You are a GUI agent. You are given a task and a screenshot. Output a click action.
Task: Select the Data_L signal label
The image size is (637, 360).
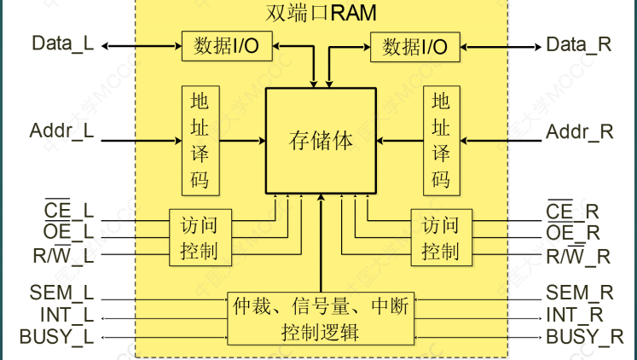(x=62, y=44)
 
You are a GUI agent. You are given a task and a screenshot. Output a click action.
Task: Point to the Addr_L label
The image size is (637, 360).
(x=62, y=131)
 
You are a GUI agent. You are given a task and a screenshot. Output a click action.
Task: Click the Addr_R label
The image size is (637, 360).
(x=580, y=131)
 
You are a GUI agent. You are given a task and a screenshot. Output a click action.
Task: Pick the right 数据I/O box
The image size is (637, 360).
(x=414, y=45)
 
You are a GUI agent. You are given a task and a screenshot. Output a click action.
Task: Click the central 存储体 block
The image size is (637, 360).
(x=321, y=140)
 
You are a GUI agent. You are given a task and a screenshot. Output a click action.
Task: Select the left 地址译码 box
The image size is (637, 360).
(x=200, y=141)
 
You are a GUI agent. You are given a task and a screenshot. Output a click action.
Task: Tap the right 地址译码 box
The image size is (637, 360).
(x=441, y=141)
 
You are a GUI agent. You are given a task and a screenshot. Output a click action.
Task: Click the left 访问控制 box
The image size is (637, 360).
(x=200, y=238)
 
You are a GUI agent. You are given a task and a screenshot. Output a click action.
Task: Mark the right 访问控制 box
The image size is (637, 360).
(x=441, y=238)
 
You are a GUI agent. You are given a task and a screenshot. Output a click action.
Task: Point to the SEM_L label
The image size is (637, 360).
(x=61, y=293)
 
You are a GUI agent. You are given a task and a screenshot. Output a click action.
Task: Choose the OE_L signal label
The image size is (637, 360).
(x=68, y=232)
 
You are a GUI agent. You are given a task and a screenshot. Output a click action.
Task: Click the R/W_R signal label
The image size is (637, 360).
(x=578, y=255)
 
